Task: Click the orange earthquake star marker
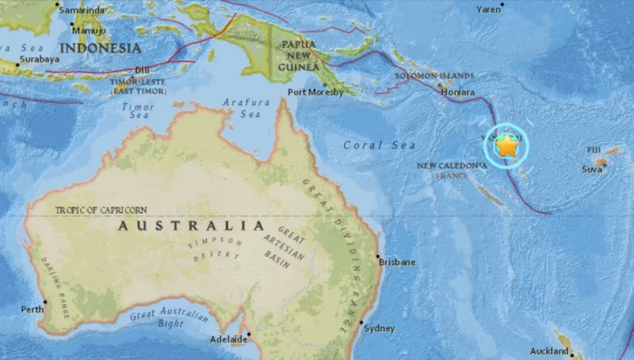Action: click(x=506, y=146)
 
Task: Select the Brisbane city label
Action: click(x=397, y=262)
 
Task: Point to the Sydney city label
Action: click(x=380, y=328)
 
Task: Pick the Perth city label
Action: click(x=32, y=310)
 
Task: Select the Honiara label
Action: click(x=459, y=93)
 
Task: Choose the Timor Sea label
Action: click(x=139, y=111)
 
